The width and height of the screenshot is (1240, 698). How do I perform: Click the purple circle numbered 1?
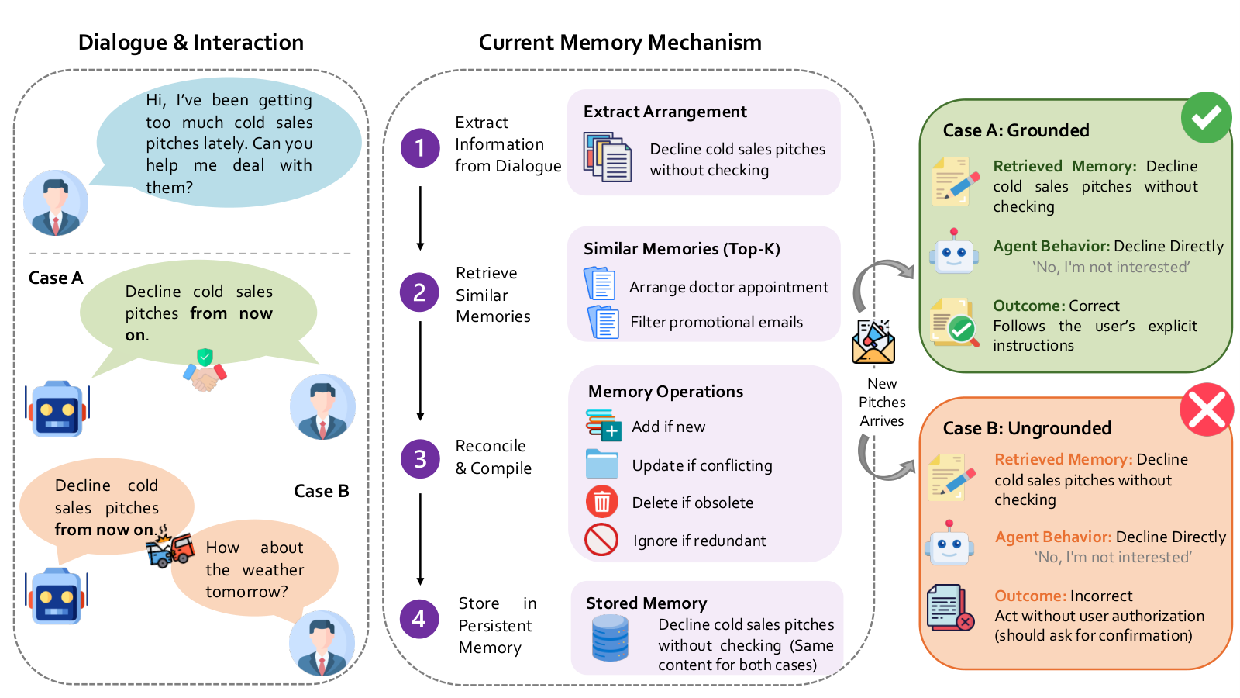[419, 148]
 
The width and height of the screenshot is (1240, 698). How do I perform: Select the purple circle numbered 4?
[419, 619]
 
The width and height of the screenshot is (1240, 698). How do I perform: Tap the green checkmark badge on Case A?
[1206, 117]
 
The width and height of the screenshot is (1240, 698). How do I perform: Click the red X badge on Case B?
[1207, 409]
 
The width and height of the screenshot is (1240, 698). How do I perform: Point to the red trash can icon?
[601, 501]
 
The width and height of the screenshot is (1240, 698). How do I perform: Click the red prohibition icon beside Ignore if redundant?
[601, 539]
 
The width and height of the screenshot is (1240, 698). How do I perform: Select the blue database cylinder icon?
[610, 638]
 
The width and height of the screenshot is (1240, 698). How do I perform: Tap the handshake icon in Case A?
[205, 370]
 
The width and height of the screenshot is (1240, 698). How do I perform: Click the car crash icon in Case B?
[170, 548]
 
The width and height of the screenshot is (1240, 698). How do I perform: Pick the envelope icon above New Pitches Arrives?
[873, 342]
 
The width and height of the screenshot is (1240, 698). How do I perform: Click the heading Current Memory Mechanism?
[620, 42]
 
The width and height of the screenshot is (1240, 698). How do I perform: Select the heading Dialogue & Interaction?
[191, 42]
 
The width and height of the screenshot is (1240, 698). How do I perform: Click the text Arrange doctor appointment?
[728, 287]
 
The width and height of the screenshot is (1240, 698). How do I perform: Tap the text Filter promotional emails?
[716, 322]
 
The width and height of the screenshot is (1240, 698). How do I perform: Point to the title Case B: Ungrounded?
[1027, 427]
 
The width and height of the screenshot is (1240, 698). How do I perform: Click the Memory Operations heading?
[666, 391]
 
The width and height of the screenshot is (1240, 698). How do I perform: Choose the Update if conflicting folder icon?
[601, 464]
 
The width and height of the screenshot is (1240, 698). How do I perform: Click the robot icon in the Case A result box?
[954, 252]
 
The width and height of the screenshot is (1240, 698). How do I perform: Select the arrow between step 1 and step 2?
[420, 218]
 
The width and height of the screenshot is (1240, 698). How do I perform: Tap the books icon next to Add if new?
[603, 425]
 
